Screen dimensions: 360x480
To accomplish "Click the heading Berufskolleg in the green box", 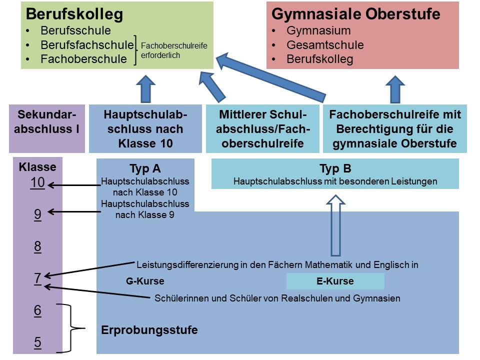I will tap(74, 14).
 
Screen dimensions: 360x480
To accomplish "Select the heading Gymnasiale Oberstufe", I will tap(355, 14).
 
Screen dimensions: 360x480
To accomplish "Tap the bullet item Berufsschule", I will tap(75, 30).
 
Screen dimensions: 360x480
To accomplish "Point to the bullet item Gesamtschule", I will tap(325, 45).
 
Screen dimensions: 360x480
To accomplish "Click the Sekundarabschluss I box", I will tap(47, 128).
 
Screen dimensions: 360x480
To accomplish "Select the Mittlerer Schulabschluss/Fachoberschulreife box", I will tap(262, 129).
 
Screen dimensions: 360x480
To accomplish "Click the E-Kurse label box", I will tap(335, 281).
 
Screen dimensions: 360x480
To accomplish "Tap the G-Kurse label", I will tap(145, 281).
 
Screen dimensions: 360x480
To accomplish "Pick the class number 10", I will tap(37, 183).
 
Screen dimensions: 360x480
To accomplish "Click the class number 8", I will tap(37, 246).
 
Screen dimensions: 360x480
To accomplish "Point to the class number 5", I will tap(37, 343).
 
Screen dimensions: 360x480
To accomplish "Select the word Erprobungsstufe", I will tap(149, 330).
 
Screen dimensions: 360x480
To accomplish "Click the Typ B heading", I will tap(335, 169).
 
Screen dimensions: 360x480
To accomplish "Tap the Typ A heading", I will tap(145, 169).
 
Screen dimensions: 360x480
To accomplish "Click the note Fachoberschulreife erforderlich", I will tap(173, 51).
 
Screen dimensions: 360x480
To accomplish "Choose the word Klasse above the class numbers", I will tap(37, 167).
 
